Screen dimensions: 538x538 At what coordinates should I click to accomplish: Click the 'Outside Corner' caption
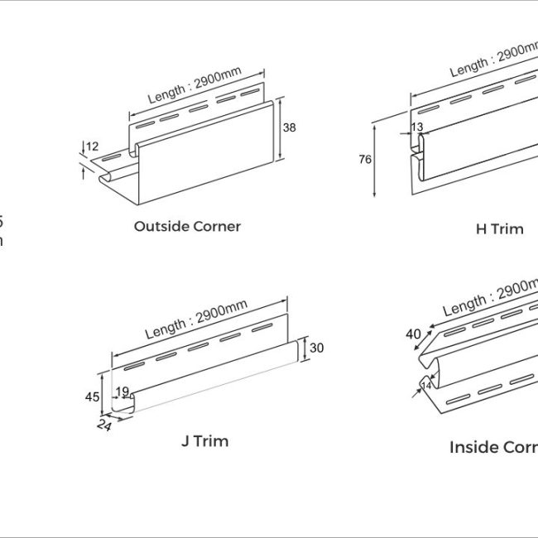(x=187, y=226)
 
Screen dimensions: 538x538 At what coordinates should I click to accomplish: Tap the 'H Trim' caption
(x=499, y=228)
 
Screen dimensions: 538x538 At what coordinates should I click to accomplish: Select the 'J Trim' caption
(x=204, y=441)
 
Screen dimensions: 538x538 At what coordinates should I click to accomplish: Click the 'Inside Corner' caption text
(x=493, y=447)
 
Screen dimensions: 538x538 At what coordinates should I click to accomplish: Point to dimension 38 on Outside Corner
(x=289, y=127)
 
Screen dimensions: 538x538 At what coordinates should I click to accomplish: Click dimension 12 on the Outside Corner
(x=92, y=147)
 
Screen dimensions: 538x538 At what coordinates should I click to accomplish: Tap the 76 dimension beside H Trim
(x=365, y=160)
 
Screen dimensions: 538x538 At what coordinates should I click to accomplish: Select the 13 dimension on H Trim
(x=416, y=127)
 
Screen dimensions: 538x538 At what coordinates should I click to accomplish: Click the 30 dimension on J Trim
(x=317, y=348)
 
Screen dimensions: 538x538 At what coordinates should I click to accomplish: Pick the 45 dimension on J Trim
(x=92, y=396)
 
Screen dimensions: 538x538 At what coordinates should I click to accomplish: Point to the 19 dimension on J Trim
(x=122, y=391)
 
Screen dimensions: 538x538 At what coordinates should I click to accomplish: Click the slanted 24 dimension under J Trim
(x=104, y=425)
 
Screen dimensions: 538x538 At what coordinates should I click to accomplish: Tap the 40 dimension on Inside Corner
(x=413, y=334)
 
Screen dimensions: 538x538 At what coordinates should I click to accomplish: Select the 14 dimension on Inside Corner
(x=427, y=385)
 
